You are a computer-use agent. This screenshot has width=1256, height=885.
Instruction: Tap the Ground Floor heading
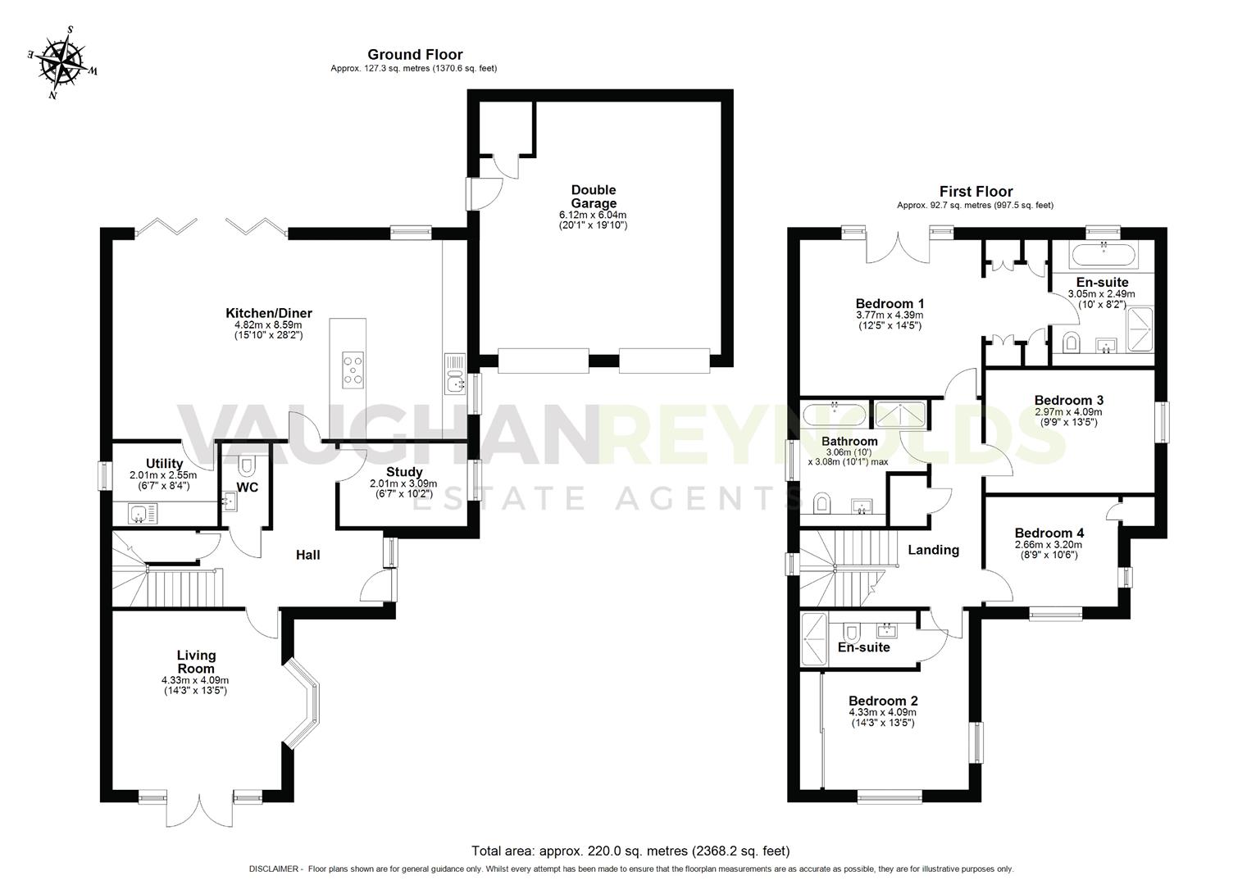415,55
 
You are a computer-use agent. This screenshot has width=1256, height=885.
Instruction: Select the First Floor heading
976,191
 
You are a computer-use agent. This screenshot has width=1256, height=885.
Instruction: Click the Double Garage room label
593,197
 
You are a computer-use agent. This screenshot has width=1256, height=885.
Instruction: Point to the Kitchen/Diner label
269,313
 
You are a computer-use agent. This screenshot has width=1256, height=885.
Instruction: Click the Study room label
404,472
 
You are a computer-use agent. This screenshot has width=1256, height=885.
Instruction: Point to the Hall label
307,555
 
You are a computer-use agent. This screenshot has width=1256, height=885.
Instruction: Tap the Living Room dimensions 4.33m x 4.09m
195,680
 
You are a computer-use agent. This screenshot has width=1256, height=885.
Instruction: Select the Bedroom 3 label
1068,400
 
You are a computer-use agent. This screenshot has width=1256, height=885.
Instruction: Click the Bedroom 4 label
1049,533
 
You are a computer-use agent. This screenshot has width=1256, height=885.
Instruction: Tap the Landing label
933,550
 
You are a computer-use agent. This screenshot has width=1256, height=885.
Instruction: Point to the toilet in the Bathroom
821,504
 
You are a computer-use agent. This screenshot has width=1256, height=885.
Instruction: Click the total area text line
630,851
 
